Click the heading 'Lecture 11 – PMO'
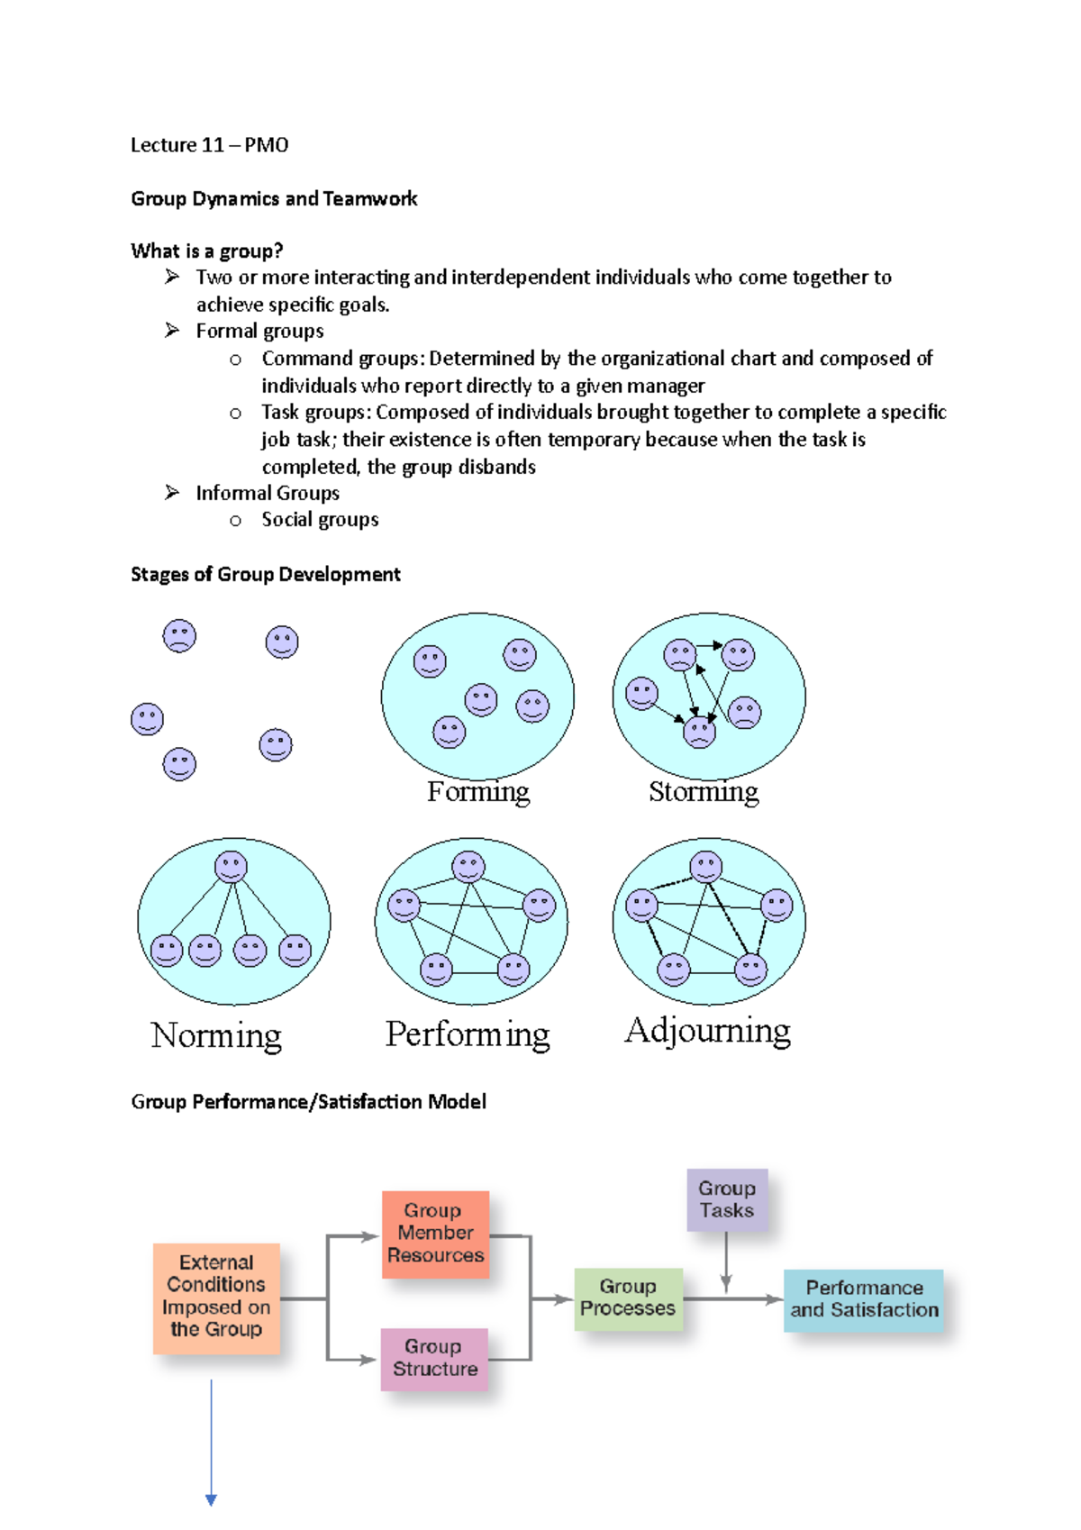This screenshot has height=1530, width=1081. point(209,145)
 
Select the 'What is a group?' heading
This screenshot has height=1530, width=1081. point(207,250)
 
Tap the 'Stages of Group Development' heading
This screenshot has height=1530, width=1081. point(266,574)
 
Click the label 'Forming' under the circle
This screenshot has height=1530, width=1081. point(478,792)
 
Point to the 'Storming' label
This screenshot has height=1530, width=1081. point(704,792)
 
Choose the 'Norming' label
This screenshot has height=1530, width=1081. point(216,1035)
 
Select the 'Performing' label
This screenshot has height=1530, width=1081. point(468,1034)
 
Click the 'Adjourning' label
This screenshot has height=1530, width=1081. point(708,1031)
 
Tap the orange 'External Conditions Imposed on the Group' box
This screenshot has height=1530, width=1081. point(216,1297)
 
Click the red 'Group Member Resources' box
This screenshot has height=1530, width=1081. point(435,1234)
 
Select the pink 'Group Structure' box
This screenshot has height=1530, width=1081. point(434,1358)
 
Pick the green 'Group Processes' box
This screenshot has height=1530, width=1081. point(628,1298)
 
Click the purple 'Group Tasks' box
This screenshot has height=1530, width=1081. point(727,1199)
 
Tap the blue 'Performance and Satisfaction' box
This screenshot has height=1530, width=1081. point(864,1299)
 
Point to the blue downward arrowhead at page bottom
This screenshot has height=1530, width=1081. point(211,1499)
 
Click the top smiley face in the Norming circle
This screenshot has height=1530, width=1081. point(231,867)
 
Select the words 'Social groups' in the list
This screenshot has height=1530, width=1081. point(320,520)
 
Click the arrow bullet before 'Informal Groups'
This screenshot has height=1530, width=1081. point(172,492)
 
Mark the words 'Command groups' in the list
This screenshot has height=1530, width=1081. point(341,359)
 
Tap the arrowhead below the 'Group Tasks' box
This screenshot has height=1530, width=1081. point(726,1283)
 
